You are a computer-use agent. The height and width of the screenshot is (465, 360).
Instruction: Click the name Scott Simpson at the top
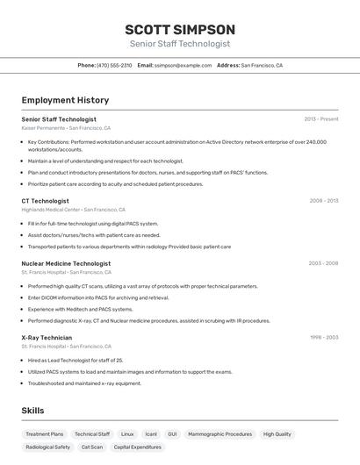[x=180, y=29]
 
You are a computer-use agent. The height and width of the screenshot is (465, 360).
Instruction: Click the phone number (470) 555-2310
[x=114, y=65]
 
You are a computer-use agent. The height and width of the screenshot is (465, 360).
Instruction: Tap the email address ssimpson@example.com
[x=184, y=65]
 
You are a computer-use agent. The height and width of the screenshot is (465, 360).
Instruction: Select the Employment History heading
[x=65, y=100]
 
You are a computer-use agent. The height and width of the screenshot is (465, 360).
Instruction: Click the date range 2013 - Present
[x=321, y=119]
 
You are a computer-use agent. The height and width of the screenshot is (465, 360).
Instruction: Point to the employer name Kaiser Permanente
[x=43, y=128]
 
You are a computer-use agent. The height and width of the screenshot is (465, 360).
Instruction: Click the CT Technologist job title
[x=46, y=201]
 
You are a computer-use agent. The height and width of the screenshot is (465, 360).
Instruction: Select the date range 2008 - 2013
[x=323, y=201]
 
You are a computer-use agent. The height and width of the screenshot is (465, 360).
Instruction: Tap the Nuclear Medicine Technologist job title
[x=66, y=263]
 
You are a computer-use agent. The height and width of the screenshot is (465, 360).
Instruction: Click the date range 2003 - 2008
[x=323, y=263]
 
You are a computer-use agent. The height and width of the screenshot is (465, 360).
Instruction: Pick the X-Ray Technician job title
[x=47, y=338]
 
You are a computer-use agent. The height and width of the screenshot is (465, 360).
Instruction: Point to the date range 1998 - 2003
[x=323, y=338]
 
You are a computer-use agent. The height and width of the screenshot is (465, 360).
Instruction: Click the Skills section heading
[x=32, y=411]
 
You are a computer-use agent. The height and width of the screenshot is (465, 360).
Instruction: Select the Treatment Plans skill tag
[x=45, y=434]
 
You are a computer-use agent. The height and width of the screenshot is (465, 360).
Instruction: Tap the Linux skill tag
[x=127, y=434]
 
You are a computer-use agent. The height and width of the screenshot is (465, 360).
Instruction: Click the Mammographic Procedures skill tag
[x=220, y=434]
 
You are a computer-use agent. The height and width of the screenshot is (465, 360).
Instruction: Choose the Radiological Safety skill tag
[x=48, y=447]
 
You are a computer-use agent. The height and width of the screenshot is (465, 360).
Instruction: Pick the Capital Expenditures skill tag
[x=138, y=447]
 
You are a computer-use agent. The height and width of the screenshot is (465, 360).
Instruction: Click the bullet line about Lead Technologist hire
[x=76, y=361]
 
